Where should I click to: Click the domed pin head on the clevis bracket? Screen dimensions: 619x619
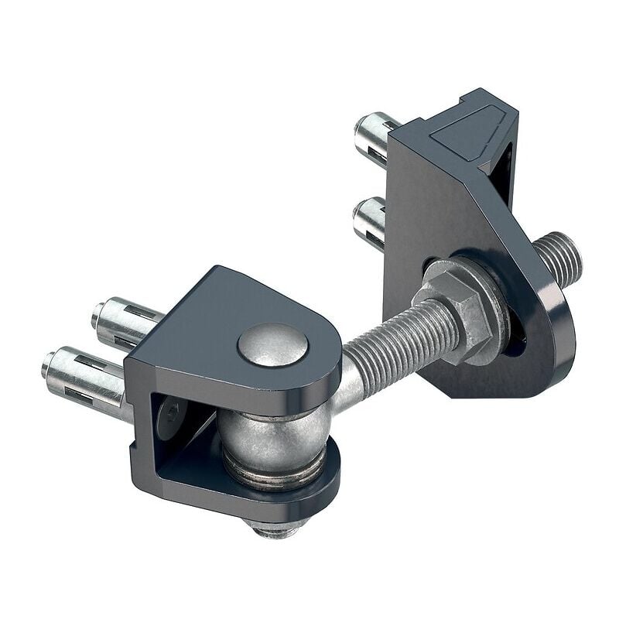pyautogui.click(x=272, y=345)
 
